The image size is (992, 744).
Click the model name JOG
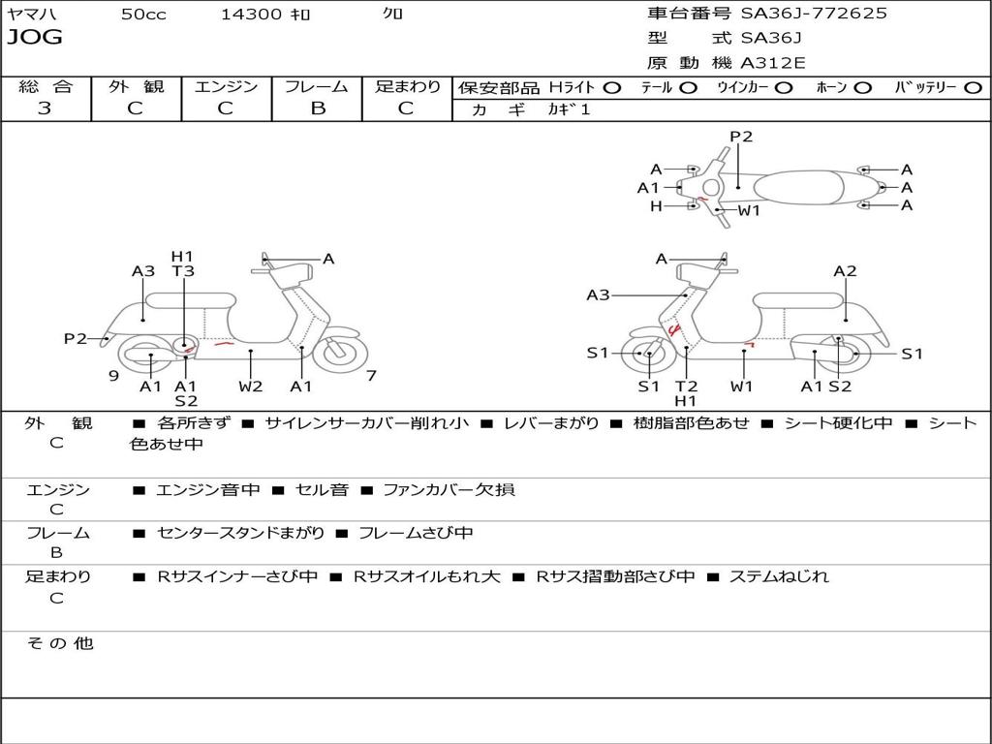click(x=35, y=37)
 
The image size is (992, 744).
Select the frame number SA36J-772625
click(x=814, y=14)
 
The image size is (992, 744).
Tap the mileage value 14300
click(x=251, y=14)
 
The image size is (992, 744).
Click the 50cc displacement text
click(x=143, y=14)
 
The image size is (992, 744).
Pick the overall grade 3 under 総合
click(x=45, y=108)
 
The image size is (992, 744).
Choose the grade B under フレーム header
click(x=318, y=108)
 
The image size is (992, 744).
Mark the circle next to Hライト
click(x=612, y=88)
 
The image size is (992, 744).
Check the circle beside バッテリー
click(x=973, y=88)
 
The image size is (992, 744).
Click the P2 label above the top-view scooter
click(x=741, y=137)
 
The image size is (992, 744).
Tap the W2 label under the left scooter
click(x=251, y=386)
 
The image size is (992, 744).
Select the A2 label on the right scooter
click(x=845, y=271)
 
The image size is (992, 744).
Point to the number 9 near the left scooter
click(x=114, y=376)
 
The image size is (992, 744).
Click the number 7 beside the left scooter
click(x=371, y=376)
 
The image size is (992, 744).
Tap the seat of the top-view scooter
click(x=798, y=187)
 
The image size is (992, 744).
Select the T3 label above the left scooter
click(x=183, y=271)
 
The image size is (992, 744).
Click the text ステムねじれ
click(x=779, y=576)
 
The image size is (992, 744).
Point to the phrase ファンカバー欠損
click(x=449, y=489)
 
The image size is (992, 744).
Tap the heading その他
click(x=60, y=643)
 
